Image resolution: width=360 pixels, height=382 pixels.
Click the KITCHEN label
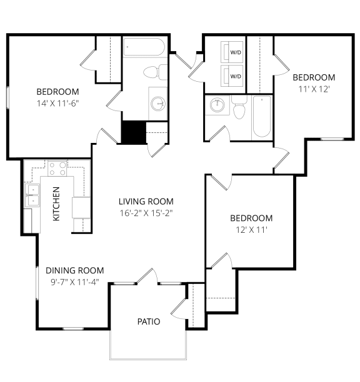(x=56, y=203)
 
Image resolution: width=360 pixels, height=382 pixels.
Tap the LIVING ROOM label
(x=146, y=202)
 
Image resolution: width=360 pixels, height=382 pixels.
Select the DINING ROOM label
(x=75, y=270)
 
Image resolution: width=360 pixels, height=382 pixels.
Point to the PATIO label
(x=149, y=321)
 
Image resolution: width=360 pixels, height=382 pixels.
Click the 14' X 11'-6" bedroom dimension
(x=57, y=103)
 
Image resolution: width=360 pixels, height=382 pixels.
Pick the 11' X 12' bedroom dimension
(x=314, y=89)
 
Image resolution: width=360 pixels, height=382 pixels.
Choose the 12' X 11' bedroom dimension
(x=251, y=230)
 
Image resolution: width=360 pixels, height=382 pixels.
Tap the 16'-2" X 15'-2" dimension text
(x=146, y=213)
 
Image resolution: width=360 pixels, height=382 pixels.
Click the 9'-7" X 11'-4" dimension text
(x=75, y=282)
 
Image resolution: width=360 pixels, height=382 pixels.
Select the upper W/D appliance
(x=232, y=52)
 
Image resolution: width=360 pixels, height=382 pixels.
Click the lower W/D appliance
(x=232, y=76)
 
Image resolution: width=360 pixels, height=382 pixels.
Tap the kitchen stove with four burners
(x=57, y=169)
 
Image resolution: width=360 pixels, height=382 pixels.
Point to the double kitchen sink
(x=32, y=195)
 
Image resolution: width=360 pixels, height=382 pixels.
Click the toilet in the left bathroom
(x=155, y=72)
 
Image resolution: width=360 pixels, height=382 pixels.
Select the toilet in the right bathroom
(x=239, y=107)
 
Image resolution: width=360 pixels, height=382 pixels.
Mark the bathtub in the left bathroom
(x=144, y=47)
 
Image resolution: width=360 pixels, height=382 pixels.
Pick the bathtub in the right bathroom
(x=262, y=117)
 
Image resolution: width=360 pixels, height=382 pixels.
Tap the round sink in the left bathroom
(x=158, y=104)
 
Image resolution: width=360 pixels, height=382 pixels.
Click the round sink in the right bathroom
(x=217, y=105)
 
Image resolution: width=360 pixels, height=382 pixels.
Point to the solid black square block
(x=134, y=132)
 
